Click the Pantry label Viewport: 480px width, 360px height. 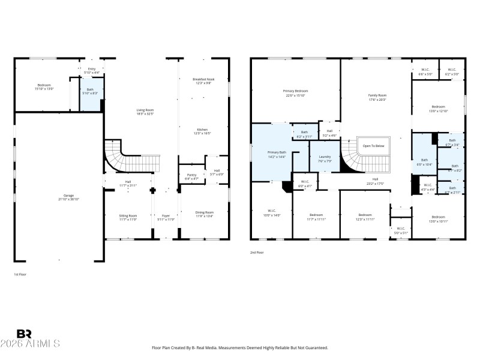pos(192,176)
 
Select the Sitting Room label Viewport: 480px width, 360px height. pos(128,217)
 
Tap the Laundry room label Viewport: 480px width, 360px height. pos(325,158)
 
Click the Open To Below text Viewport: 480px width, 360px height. pos(373,146)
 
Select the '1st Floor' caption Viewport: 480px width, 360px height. pos(20,274)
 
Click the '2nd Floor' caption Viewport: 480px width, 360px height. pos(257,253)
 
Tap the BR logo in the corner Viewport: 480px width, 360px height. pos(24,334)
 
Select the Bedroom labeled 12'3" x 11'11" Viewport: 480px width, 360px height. pos(365,217)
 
